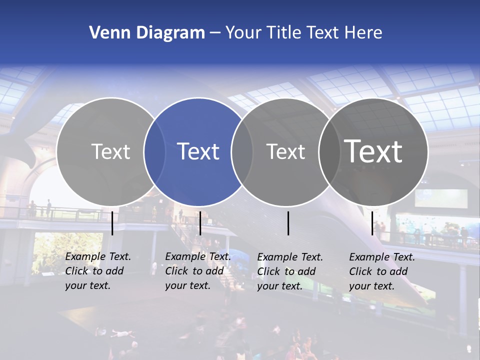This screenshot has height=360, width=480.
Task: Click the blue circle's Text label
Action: (x=198, y=151)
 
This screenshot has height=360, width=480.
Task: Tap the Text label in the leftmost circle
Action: (x=111, y=151)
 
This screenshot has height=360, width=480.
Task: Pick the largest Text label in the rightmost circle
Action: (x=373, y=151)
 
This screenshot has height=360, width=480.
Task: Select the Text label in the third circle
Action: (x=285, y=151)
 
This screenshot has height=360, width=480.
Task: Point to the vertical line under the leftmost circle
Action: (x=112, y=223)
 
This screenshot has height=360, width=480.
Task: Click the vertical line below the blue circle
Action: (x=200, y=223)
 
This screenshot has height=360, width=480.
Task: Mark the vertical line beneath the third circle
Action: (x=288, y=223)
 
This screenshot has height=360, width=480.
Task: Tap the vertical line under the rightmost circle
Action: (x=372, y=223)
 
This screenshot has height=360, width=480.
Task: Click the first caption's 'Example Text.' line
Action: (x=98, y=256)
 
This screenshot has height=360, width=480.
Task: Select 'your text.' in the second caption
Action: (x=188, y=285)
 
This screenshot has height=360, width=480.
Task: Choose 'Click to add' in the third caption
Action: (x=286, y=271)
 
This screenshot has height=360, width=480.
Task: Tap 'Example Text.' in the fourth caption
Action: (x=382, y=257)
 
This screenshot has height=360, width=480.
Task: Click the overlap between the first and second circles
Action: (x=154, y=151)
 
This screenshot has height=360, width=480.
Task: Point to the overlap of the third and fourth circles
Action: (x=329, y=151)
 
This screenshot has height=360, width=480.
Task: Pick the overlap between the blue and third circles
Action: (x=242, y=151)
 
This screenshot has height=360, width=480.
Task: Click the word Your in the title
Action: (x=244, y=32)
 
